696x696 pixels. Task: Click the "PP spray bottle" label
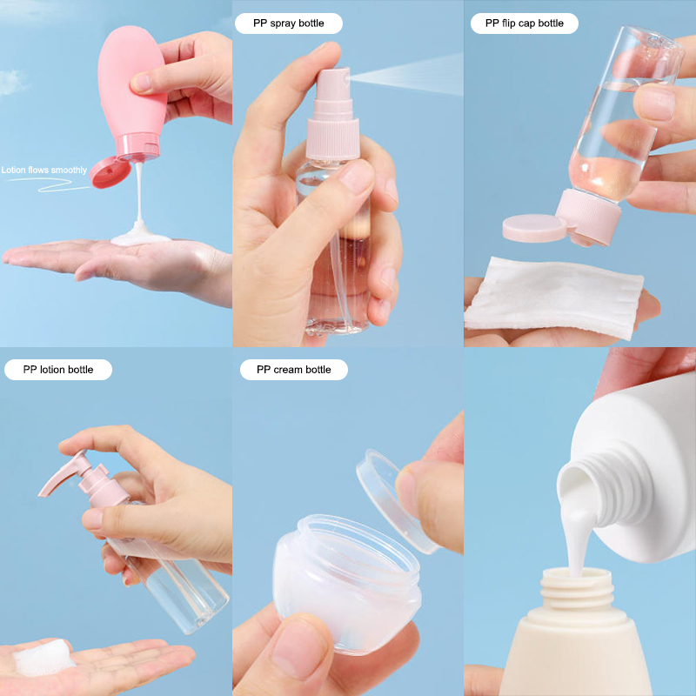(x=289, y=23)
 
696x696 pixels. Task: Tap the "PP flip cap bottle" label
(x=525, y=23)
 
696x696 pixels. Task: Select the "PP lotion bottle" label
(x=58, y=369)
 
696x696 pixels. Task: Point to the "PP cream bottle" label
(x=294, y=369)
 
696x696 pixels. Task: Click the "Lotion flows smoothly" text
(x=44, y=170)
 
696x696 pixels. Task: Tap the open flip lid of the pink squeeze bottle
(x=110, y=172)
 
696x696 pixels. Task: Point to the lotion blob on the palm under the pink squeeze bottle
(x=140, y=238)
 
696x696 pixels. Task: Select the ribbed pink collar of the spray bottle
(x=333, y=138)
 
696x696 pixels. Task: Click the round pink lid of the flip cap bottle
(x=534, y=228)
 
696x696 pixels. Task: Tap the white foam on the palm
(x=43, y=658)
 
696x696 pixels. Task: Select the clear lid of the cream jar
(x=395, y=502)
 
